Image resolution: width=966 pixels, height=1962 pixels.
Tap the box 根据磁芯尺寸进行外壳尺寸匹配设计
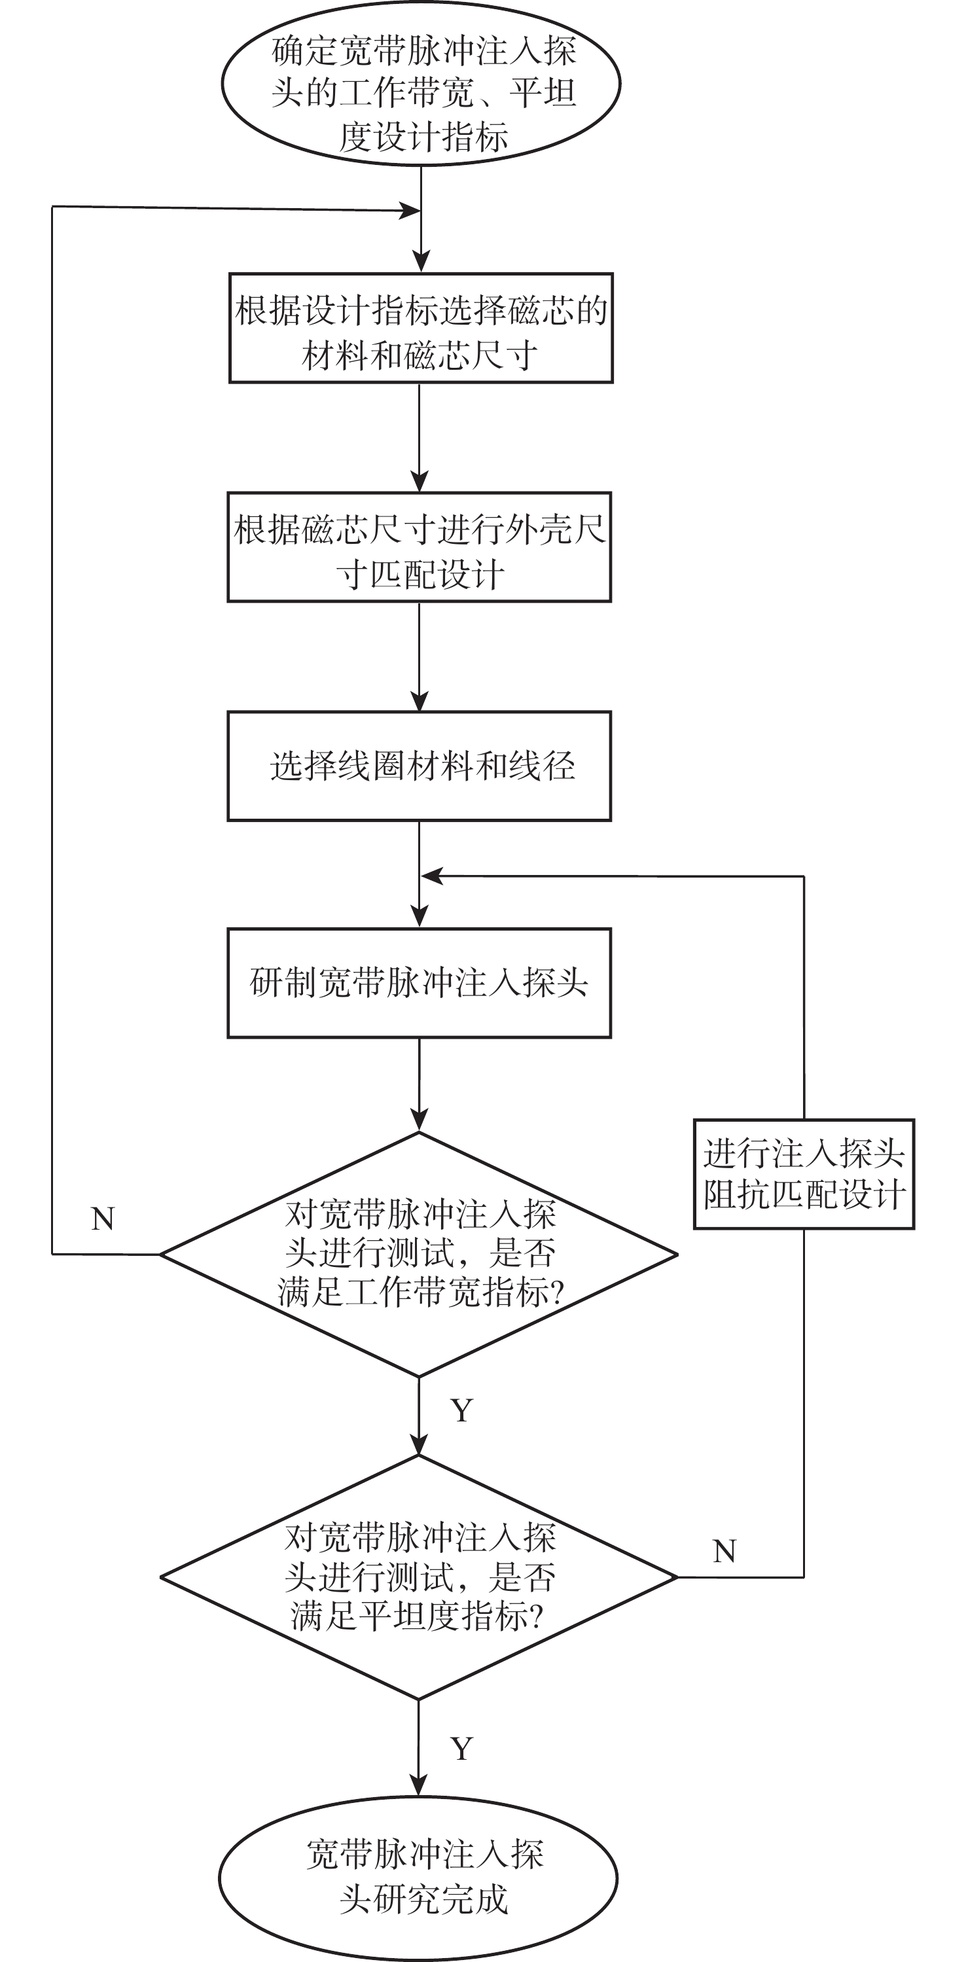[x=419, y=547]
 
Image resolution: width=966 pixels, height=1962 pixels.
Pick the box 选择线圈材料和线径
[x=419, y=766]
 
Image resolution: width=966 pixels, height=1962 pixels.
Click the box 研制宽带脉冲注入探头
[x=419, y=982]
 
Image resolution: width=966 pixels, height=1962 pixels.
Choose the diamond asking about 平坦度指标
[x=419, y=1577]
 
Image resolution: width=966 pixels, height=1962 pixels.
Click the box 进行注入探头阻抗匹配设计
[x=804, y=1173]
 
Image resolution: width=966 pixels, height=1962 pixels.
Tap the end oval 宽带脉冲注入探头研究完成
[x=418, y=1878]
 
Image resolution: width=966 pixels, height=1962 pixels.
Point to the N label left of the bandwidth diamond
[x=103, y=1219]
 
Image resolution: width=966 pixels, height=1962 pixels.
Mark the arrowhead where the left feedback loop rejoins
[x=410, y=211]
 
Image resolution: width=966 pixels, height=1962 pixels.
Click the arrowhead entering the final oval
[x=418, y=1785]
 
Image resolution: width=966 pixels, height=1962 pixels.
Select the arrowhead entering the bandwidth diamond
[x=419, y=1120]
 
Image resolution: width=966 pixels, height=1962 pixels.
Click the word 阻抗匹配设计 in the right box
[x=804, y=1194]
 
